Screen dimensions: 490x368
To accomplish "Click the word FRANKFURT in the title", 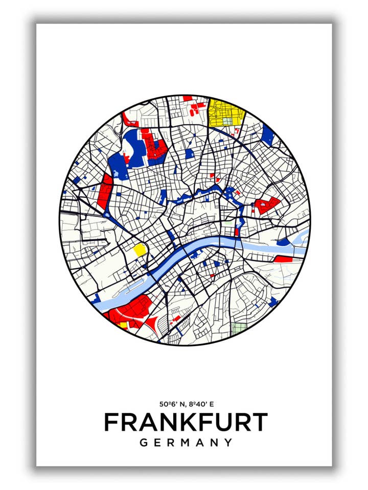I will tap(186, 422).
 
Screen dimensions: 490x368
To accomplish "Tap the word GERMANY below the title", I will tap(186, 443).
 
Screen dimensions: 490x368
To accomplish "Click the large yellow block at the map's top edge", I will tap(225, 112).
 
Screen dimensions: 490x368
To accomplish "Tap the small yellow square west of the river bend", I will tap(140, 250).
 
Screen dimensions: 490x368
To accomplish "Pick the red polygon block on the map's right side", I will tap(267, 205).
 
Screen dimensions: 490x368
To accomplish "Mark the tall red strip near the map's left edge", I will tap(105, 191).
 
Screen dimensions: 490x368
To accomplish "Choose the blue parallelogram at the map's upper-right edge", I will tap(268, 134).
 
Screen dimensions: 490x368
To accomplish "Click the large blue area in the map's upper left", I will tap(128, 151).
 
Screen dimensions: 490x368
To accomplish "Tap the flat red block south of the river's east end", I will tap(283, 259).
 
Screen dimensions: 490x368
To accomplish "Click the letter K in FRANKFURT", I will tap(176, 422).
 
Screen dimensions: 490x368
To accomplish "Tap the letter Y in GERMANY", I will tap(228, 443).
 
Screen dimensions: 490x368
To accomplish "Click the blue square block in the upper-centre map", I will tap(190, 153).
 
